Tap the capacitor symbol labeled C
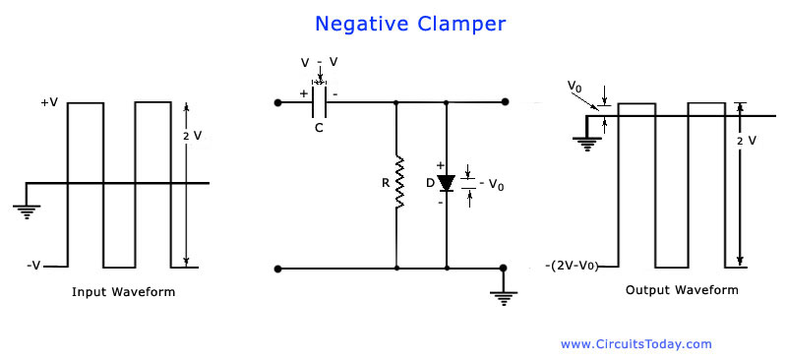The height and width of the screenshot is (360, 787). click(x=319, y=101)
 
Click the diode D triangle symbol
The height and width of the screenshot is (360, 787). click(x=447, y=184)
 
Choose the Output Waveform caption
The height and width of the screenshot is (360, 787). click(x=682, y=290)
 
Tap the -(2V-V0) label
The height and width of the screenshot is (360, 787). click(x=580, y=267)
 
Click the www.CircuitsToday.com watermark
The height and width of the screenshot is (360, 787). click(x=636, y=343)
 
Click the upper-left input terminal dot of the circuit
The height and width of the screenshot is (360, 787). click(x=279, y=101)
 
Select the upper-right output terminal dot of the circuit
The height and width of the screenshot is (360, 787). click(x=505, y=101)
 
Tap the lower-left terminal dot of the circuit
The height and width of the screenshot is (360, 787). click(x=279, y=268)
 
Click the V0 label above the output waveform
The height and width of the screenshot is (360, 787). click(x=575, y=88)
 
